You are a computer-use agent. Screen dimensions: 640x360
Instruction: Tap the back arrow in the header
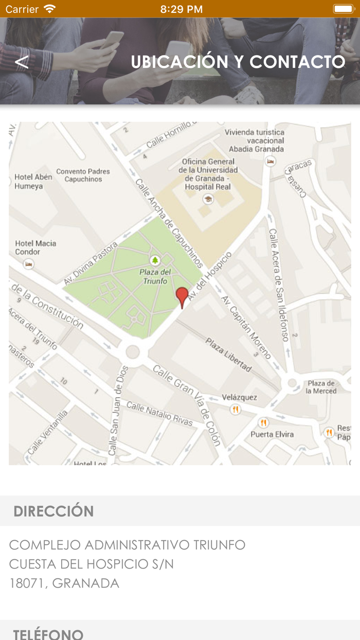(22, 62)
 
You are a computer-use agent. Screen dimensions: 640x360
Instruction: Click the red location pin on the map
(182, 297)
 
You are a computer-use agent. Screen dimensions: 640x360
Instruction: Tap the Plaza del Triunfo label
(155, 277)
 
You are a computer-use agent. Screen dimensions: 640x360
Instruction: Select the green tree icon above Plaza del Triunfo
(154, 260)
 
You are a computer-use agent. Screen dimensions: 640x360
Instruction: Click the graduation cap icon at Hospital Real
(208, 199)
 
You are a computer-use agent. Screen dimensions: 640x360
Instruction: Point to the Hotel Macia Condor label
(35, 247)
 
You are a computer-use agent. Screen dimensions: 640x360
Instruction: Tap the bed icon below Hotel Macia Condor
(29, 264)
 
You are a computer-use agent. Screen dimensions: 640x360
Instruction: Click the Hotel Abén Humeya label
(33, 181)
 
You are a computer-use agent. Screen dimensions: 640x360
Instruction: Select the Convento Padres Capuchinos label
(83, 175)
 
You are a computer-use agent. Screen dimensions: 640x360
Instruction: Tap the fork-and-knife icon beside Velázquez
(236, 410)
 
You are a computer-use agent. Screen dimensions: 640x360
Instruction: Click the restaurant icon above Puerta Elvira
(264, 423)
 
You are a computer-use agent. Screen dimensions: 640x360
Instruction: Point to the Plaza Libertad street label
(229, 355)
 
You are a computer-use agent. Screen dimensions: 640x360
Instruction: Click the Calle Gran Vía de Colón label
(187, 405)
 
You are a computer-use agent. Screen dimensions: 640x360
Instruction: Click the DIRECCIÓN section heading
(53, 511)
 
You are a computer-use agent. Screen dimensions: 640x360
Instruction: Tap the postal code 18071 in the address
(28, 583)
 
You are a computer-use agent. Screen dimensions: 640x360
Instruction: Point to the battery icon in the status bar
(343, 9)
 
